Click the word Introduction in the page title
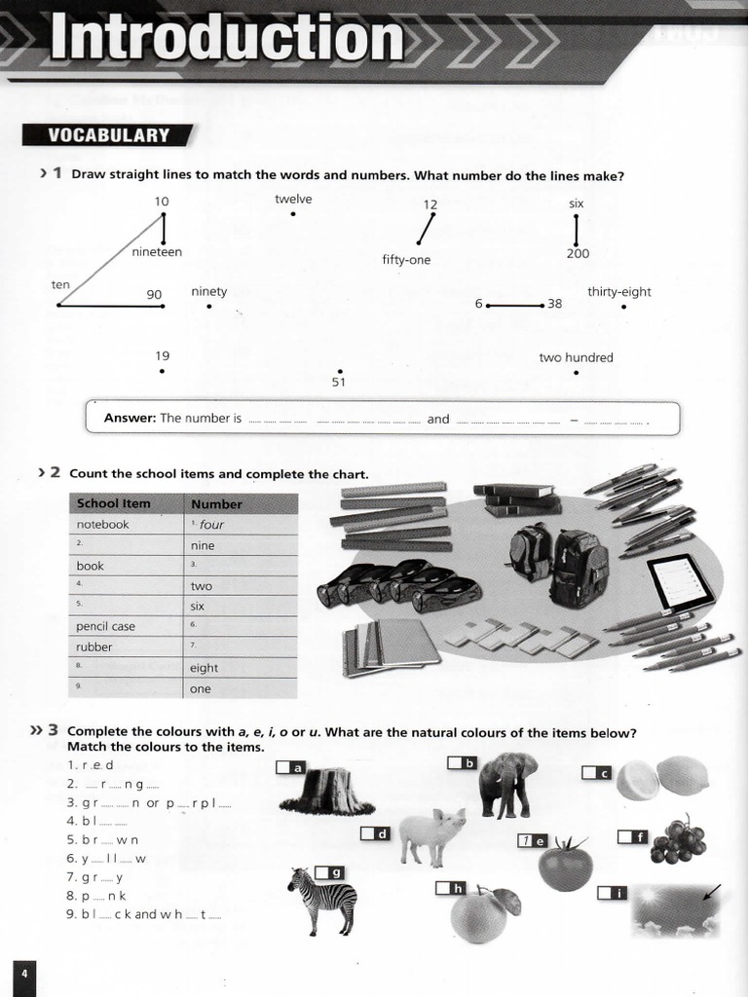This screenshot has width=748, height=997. (226, 41)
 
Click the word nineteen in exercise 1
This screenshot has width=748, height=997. (157, 252)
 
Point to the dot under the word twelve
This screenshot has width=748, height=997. (293, 213)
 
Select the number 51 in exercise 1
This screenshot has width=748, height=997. (339, 383)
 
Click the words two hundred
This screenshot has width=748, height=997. (576, 357)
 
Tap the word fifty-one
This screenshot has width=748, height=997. (406, 260)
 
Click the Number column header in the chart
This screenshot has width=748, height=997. (216, 504)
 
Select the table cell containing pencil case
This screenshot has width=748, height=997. (127, 626)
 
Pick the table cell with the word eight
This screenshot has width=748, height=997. (241, 668)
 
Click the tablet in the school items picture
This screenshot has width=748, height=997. (680, 583)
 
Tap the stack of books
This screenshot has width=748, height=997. (517, 499)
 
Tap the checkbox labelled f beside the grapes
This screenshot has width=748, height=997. (625, 836)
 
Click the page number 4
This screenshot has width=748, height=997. (24, 975)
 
